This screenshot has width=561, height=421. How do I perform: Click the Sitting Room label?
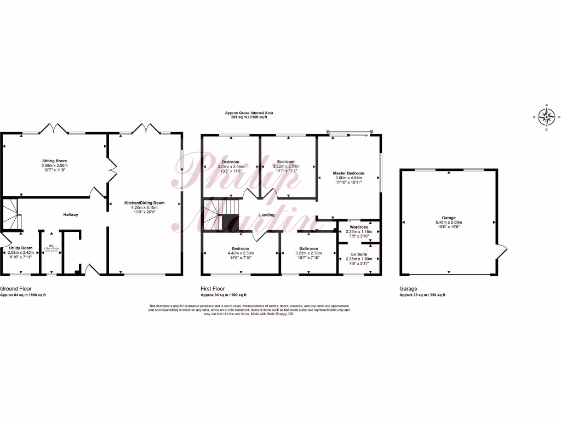tap(54, 161)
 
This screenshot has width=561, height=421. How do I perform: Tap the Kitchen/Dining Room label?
tap(145, 203)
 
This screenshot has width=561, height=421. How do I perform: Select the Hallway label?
tap(71, 214)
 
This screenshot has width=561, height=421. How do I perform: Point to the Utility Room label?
tap(21, 248)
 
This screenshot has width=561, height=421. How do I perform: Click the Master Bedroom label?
tap(348, 173)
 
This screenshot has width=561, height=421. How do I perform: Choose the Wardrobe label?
tap(359, 226)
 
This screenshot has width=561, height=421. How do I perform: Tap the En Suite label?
tap(359, 254)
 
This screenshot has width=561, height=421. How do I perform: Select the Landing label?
tap(267, 214)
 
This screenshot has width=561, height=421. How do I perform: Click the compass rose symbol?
tap(546, 116)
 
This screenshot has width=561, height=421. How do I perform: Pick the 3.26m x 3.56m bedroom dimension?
tap(230, 166)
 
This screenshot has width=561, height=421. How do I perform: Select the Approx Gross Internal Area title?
tap(249, 113)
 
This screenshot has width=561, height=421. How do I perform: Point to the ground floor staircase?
tap(11, 214)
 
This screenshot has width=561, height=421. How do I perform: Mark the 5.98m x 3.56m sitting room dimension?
tap(54, 166)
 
